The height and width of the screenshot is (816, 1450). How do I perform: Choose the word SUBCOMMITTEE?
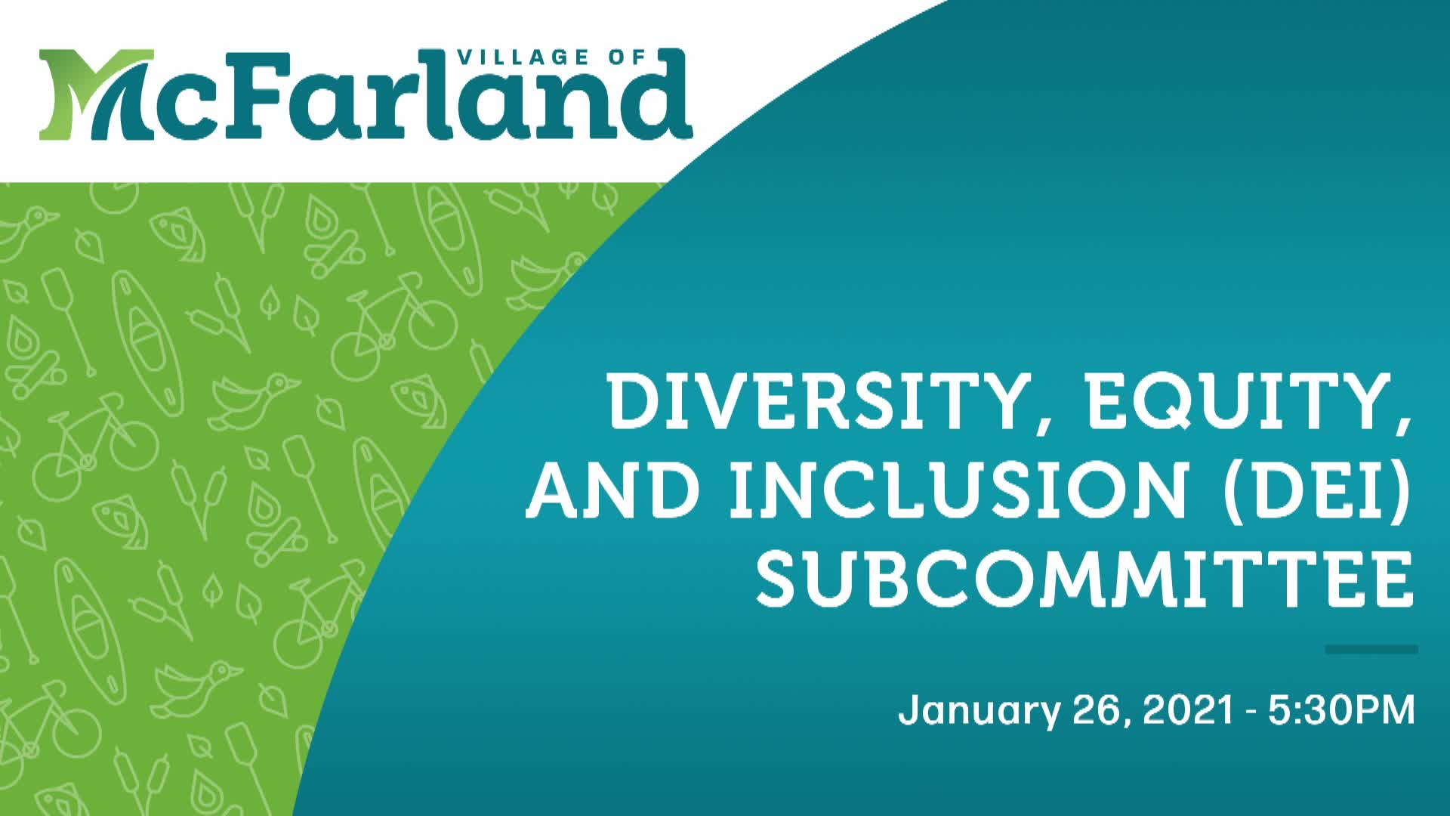coord(1084,580)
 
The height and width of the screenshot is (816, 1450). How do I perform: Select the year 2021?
coord(1188,711)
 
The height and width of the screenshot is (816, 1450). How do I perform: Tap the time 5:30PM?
coord(1341,711)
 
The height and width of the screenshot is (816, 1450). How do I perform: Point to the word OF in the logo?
coord(628,57)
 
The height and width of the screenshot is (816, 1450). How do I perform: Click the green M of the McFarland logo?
coord(91,94)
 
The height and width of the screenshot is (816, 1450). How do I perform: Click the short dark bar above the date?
coord(1371,649)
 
